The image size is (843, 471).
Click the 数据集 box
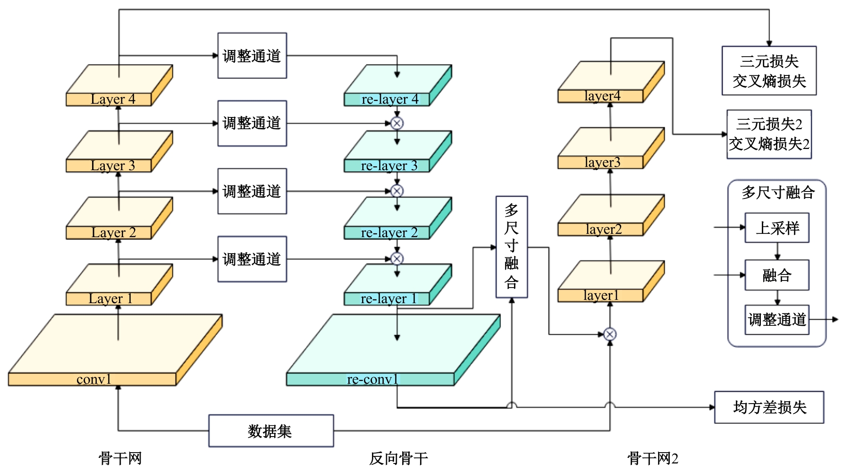coord(271,430)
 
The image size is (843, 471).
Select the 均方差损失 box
coord(769,407)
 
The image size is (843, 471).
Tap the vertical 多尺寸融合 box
coord(512,247)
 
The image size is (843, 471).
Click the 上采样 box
coord(777,228)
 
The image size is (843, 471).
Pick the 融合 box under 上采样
coord(777,275)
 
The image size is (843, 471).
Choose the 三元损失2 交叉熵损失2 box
coord(769,134)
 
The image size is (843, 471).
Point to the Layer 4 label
coord(113,99)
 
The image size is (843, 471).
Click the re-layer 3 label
coord(389,166)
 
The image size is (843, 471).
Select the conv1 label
coord(93,379)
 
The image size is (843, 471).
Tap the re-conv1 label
coord(372,379)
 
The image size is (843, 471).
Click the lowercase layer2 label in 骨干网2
coord(603,230)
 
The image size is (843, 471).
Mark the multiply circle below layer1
coord(610,334)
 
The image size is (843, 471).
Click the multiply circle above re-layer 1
coord(397,259)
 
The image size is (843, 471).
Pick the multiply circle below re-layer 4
coord(397,124)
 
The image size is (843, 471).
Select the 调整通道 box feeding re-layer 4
coord(252,56)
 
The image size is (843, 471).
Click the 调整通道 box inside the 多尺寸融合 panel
coord(777,320)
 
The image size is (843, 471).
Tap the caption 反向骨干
coord(398,458)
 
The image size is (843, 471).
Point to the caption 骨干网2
coord(652,458)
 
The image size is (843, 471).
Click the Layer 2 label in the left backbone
coord(113,233)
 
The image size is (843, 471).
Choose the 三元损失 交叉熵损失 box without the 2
coord(769,71)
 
